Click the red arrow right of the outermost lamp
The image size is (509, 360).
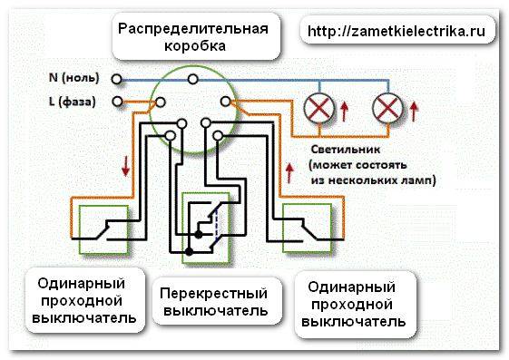(x=416, y=113)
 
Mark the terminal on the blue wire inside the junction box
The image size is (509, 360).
(x=192, y=79)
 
